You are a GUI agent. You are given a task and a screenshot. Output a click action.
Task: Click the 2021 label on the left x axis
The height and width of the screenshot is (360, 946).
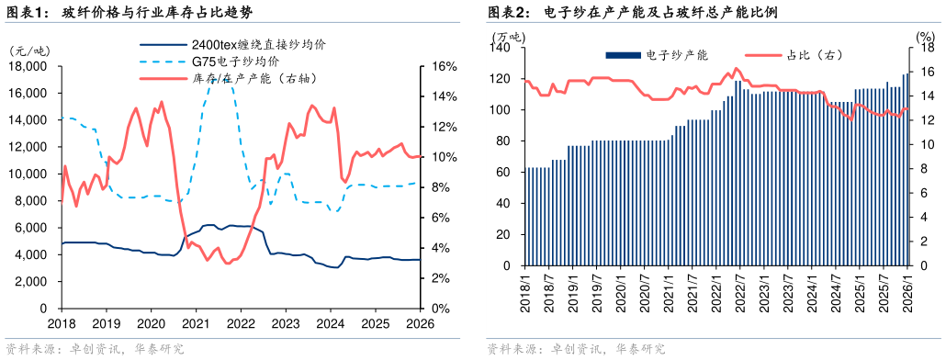pyautogui.click(x=196, y=324)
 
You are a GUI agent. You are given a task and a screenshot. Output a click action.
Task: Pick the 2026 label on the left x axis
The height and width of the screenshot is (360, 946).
pyautogui.click(x=420, y=324)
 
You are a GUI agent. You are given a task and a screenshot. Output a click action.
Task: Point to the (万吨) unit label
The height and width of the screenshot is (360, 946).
pyautogui.click(x=509, y=37)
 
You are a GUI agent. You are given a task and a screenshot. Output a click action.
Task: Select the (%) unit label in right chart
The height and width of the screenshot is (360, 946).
pyautogui.click(x=925, y=37)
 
